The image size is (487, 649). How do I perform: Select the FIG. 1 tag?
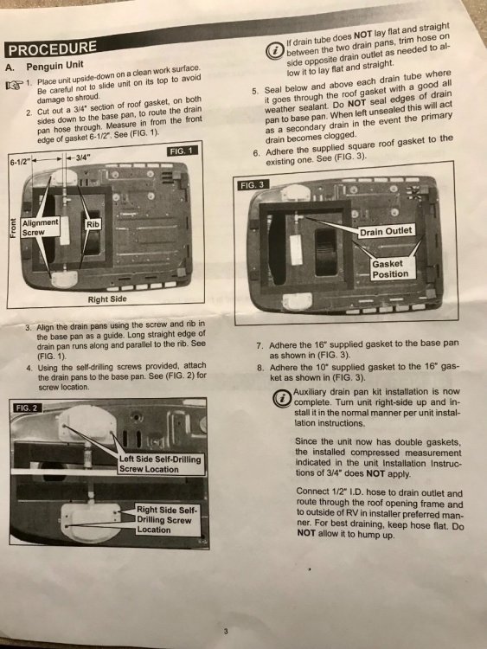click(182, 151)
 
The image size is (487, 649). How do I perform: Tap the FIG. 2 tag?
click(27, 408)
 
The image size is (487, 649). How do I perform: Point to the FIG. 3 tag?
click(252, 185)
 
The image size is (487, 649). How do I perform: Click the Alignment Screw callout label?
click(40, 228)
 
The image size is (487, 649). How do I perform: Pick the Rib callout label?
click(93, 224)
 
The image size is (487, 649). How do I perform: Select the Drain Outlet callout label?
click(386, 231)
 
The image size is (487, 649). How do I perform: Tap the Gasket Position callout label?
click(390, 268)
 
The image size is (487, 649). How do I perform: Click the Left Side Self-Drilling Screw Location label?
click(160, 464)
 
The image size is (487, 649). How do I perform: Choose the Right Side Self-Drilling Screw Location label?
click(167, 519)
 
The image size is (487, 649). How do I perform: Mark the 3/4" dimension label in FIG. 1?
click(81, 157)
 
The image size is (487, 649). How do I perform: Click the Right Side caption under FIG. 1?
click(107, 299)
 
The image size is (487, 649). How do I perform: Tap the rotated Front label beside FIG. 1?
click(14, 228)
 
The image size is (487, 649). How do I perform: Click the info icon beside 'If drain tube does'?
click(274, 51)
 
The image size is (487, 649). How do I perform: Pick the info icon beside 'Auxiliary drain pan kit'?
click(282, 399)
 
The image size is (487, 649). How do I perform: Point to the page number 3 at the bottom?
click(226, 631)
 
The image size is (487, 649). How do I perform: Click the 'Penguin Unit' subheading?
click(54, 66)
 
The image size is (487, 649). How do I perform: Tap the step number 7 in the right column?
click(259, 345)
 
